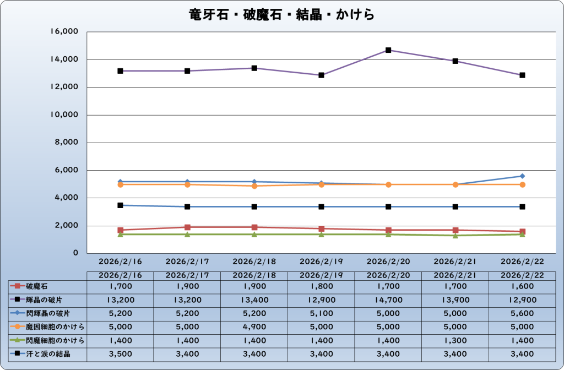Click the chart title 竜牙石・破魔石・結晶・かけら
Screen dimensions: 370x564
coord(281,14)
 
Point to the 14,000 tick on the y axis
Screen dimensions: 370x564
coord(64,59)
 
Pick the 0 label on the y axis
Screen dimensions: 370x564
coord(77,253)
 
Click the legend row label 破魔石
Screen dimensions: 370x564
coord(37,286)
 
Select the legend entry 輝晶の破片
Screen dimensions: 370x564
coord(44,300)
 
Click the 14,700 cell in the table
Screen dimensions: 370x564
coord(388,300)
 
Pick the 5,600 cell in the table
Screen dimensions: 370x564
coord(522,313)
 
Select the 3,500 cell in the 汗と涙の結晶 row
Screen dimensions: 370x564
coord(120,354)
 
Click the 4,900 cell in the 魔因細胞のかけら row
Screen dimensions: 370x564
coord(254,327)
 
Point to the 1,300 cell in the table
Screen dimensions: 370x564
coord(455,340)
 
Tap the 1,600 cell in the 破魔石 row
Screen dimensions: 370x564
coord(522,286)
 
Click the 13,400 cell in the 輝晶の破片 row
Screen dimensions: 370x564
coord(254,300)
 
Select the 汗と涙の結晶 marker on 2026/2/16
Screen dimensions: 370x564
coord(120,205)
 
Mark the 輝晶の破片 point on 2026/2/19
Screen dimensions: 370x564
coord(321,75)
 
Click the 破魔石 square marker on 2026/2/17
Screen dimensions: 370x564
coord(187,227)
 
